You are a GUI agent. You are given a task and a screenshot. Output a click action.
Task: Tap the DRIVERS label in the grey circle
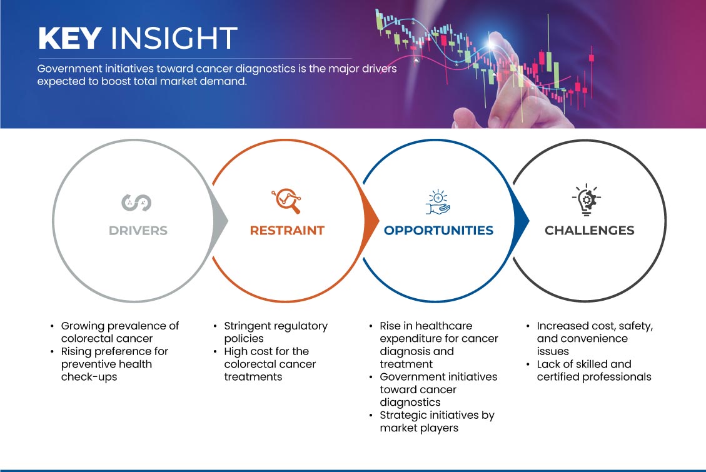tap(138, 231)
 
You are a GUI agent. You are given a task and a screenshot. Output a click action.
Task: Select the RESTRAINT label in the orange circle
tap(287, 231)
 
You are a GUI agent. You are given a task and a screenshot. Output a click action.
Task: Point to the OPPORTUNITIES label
tap(438, 231)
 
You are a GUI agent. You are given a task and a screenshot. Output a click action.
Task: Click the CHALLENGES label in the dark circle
tap(590, 231)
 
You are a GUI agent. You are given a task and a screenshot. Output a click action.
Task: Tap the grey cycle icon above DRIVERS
tap(136, 203)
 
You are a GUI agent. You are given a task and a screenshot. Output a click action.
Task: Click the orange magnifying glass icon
tap(286, 201)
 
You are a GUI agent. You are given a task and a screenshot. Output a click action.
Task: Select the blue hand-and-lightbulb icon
tap(438, 201)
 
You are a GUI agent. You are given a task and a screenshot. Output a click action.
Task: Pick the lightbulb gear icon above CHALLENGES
tap(587, 199)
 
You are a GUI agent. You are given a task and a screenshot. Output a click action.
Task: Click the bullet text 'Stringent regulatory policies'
tap(276, 332)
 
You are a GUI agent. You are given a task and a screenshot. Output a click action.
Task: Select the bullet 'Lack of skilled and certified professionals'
tap(594, 370)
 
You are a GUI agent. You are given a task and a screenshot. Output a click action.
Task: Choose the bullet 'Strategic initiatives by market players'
tap(436, 421)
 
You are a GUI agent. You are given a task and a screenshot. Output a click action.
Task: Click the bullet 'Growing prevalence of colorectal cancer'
tap(120, 332)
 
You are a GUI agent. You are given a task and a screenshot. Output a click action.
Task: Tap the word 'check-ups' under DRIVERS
tap(89, 377)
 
